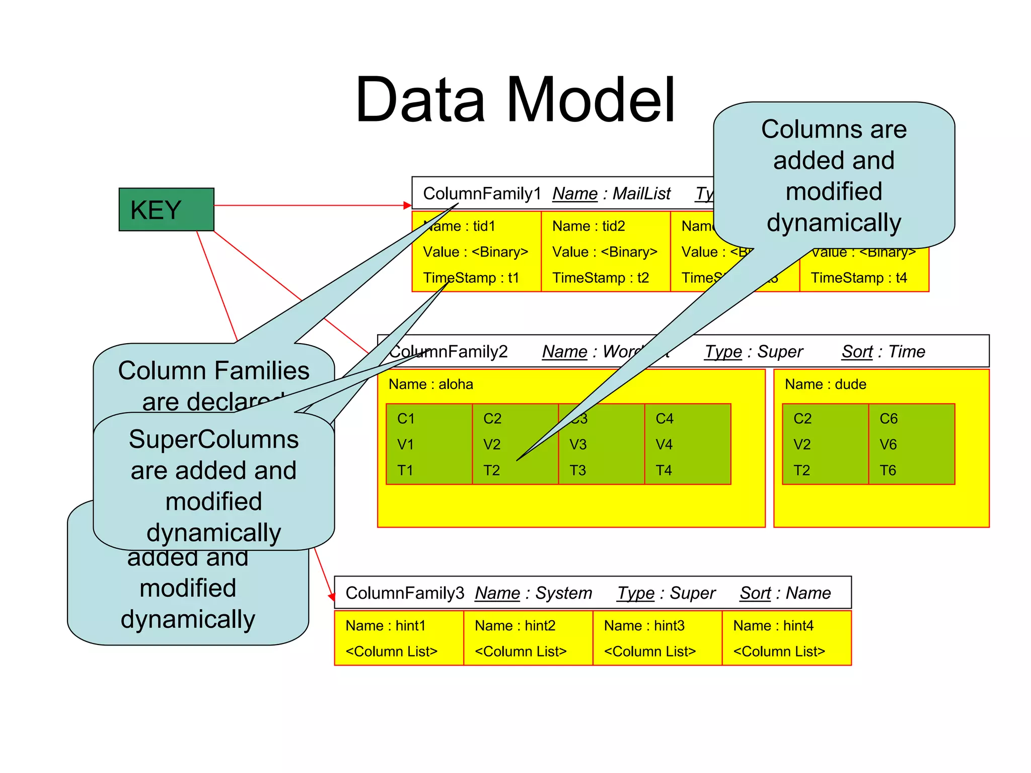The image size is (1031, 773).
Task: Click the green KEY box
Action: click(x=166, y=210)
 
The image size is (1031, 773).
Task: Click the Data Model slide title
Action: click(x=514, y=100)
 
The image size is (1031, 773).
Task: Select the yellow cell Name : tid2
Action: click(x=606, y=251)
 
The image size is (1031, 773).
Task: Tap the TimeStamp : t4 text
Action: click(x=859, y=278)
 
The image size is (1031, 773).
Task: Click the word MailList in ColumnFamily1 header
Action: click(x=641, y=194)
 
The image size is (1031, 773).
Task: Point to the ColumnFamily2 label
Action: click(x=449, y=351)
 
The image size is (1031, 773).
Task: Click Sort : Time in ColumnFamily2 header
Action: click(x=883, y=351)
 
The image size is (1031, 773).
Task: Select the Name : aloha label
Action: click(x=431, y=384)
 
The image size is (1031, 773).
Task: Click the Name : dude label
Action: click(x=826, y=384)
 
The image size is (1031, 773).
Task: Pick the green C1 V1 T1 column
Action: click(x=429, y=444)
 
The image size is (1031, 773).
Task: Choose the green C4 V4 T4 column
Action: click(x=688, y=444)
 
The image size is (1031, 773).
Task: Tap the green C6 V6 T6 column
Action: click(x=912, y=444)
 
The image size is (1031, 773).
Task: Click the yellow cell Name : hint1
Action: click(x=399, y=638)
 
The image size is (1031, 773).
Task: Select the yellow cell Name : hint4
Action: click(x=786, y=638)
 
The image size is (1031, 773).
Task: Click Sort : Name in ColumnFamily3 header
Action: click(x=785, y=593)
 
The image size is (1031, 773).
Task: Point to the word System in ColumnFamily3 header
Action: click(x=563, y=593)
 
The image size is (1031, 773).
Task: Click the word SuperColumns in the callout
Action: click(x=213, y=439)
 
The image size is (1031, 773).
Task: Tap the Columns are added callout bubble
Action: click(x=834, y=175)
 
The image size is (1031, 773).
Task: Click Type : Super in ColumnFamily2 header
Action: click(x=754, y=351)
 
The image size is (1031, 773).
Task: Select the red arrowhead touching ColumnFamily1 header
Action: click(x=408, y=205)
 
